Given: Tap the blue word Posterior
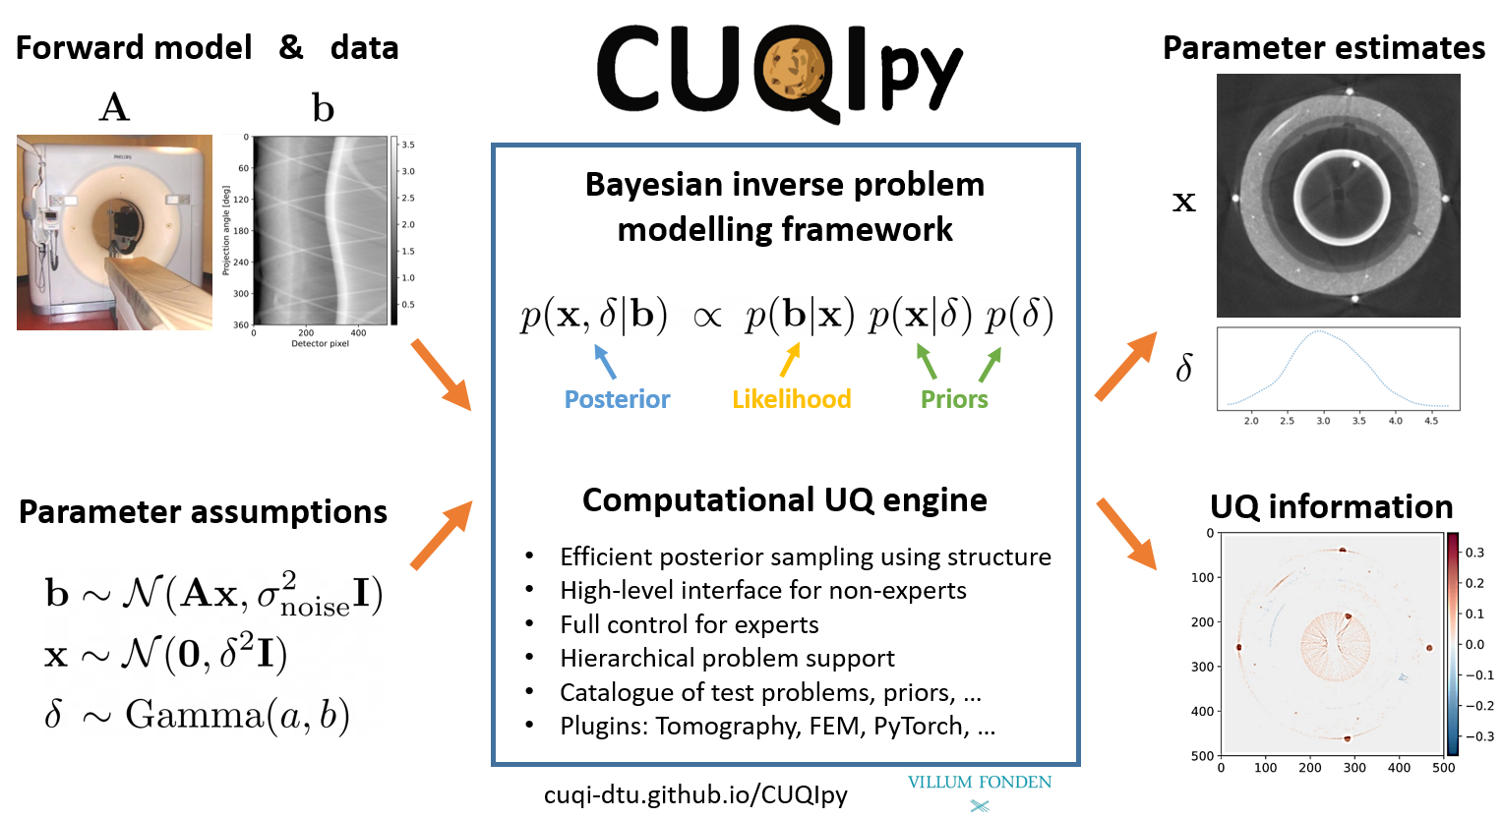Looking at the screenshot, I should click(617, 399).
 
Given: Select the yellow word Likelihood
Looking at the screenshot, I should click(791, 399).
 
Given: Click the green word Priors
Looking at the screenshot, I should click(954, 399).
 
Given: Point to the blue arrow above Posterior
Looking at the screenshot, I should click(605, 361).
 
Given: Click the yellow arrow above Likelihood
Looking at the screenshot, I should click(789, 360).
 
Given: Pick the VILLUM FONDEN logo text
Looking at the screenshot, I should click(979, 783).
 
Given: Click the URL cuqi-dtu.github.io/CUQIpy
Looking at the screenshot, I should click(695, 794).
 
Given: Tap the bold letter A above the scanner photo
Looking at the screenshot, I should click(114, 107).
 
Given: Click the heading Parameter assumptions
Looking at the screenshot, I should click(203, 512).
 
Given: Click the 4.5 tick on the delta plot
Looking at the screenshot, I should click(1430, 421).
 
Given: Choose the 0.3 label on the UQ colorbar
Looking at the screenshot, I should click(1474, 553).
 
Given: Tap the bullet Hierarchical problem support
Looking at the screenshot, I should click(727, 658).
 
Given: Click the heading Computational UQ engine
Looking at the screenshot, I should click(784, 500).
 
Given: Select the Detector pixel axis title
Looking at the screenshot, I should click(320, 344).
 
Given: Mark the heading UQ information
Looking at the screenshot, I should click(1331, 506).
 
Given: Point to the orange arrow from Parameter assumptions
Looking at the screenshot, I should click(442, 535).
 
